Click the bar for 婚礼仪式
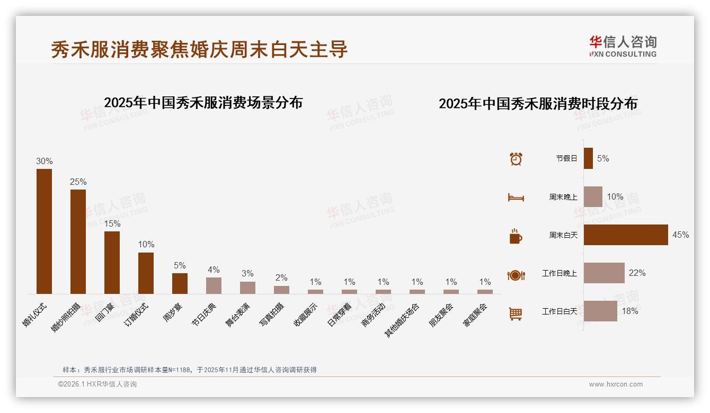pyautogui.click(x=44, y=231)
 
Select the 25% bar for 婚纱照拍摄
pyautogui.click(x=78, y=241)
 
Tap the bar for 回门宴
pyautogui.click(x=112, y=262)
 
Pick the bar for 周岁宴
pyautogui.click(x=180, y=283)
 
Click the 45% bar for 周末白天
pyautogui.click(x=626, y=235)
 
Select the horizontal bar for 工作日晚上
pyautogui.click(x=604, y=273)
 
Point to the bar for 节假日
pyautogui.click(x=588, y=158)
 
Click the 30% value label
pyautogui.click(x=44, y=161)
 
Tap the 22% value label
pyautogui.click(x=637, y=273)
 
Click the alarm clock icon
pyautogui.click(x=516, y=158)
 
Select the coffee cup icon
pyautogui.click(x=516, y=236)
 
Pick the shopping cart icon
pyautogui.click(x=516, y=313)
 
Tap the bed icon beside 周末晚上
pyautogui.click(x=516, y=197)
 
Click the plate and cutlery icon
pyautogui.click(x=516, y=275)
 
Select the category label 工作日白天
pyautogui.click(x=559, y=311)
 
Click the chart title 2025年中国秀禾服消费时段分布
pyautogui.click(x=538, y=103)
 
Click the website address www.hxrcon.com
pyautogui.click(x=616, y=384)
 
